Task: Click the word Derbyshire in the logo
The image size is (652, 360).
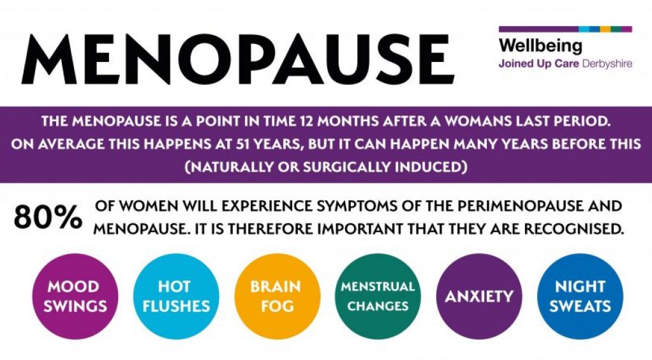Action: point(607,64)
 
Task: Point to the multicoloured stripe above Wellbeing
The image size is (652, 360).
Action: point(565,29)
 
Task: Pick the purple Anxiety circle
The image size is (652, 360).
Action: point(478,296)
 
